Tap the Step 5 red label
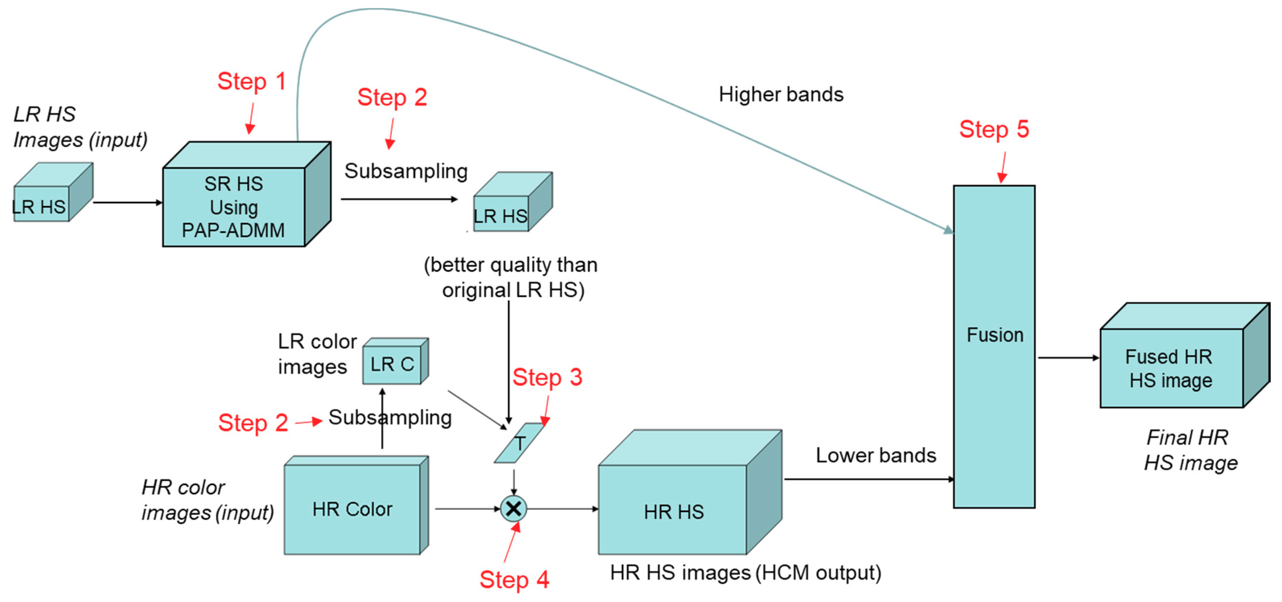point(994,129)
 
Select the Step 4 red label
point(514,579)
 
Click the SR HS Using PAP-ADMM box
point(234,207)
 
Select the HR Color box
point(353,509)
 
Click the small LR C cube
point(392,364)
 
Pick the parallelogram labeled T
point(519,443)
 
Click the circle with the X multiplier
point(513,508)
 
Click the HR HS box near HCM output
point(673,511)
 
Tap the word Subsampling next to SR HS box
point(406,171)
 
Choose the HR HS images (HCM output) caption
point(745,573)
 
